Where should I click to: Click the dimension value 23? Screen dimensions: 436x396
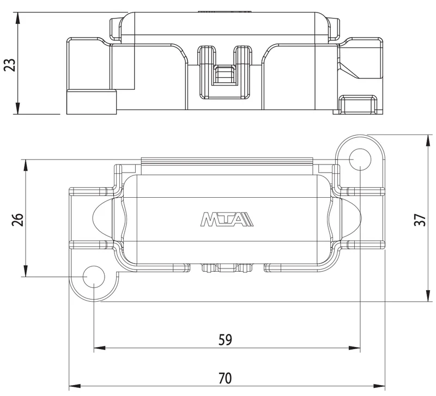[10, 65]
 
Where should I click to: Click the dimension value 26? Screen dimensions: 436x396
[17, 220]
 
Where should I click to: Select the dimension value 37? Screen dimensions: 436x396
[420, 220]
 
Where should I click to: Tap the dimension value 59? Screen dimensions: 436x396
[225, 339]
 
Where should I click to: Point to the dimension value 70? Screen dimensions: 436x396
[225, 378]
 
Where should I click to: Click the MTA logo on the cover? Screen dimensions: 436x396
[227, 220]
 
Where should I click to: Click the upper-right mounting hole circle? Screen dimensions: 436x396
[360, 159]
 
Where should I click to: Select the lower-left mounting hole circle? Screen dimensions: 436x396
[94, 277]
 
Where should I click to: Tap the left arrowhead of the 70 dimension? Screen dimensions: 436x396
[75, 386]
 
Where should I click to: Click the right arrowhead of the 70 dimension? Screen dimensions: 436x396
[379, 386]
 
